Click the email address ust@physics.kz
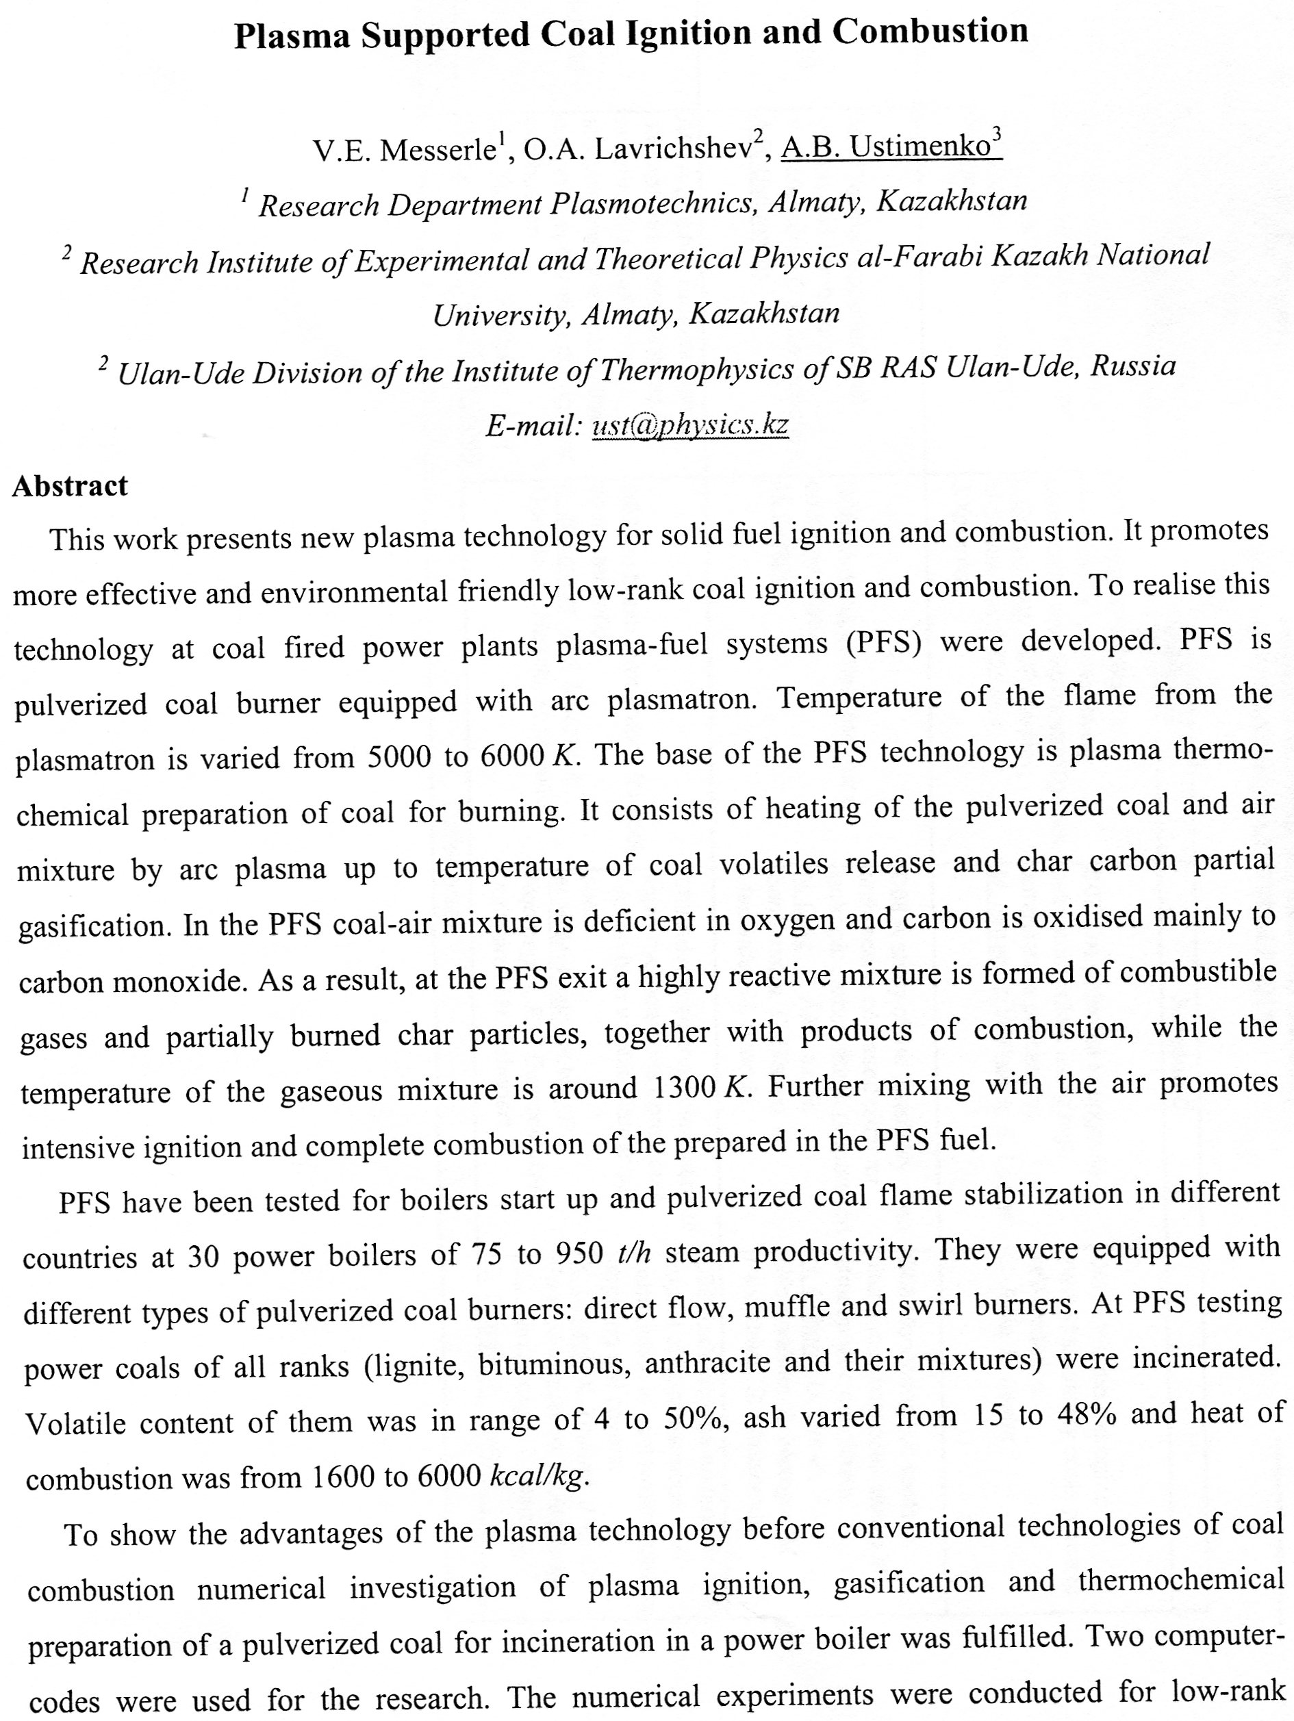(x=690, y=425)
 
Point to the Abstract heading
(x=70, y=486)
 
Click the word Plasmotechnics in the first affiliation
(x=654, y=204)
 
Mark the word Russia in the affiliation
(x=1133, y=366)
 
